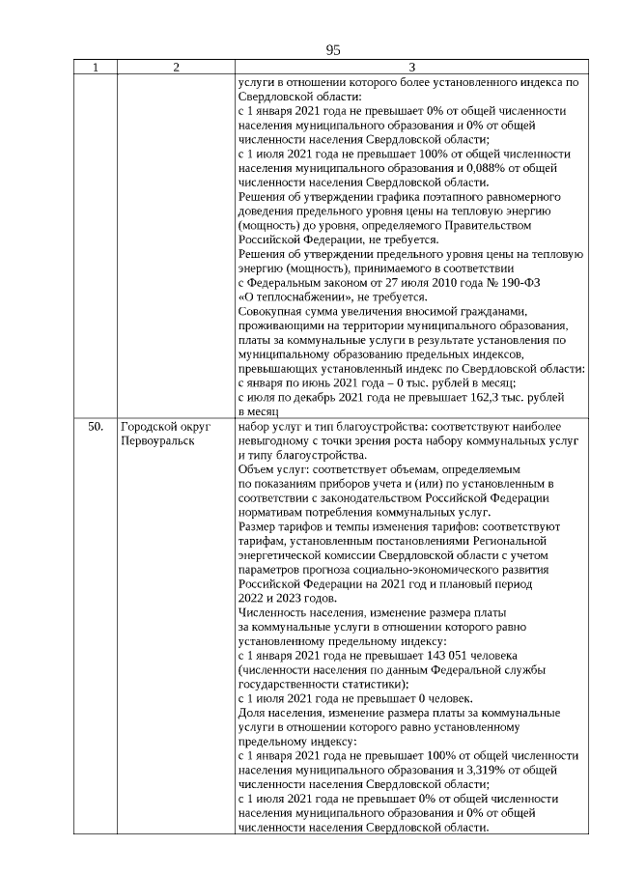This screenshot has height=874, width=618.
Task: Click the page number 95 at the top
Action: click(x=333, y=50)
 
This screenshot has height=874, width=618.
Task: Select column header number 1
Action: click(x=96, y=68)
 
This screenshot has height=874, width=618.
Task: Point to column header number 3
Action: click(x=411, y=68)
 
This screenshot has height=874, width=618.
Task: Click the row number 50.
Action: click(x=96, y=426)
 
